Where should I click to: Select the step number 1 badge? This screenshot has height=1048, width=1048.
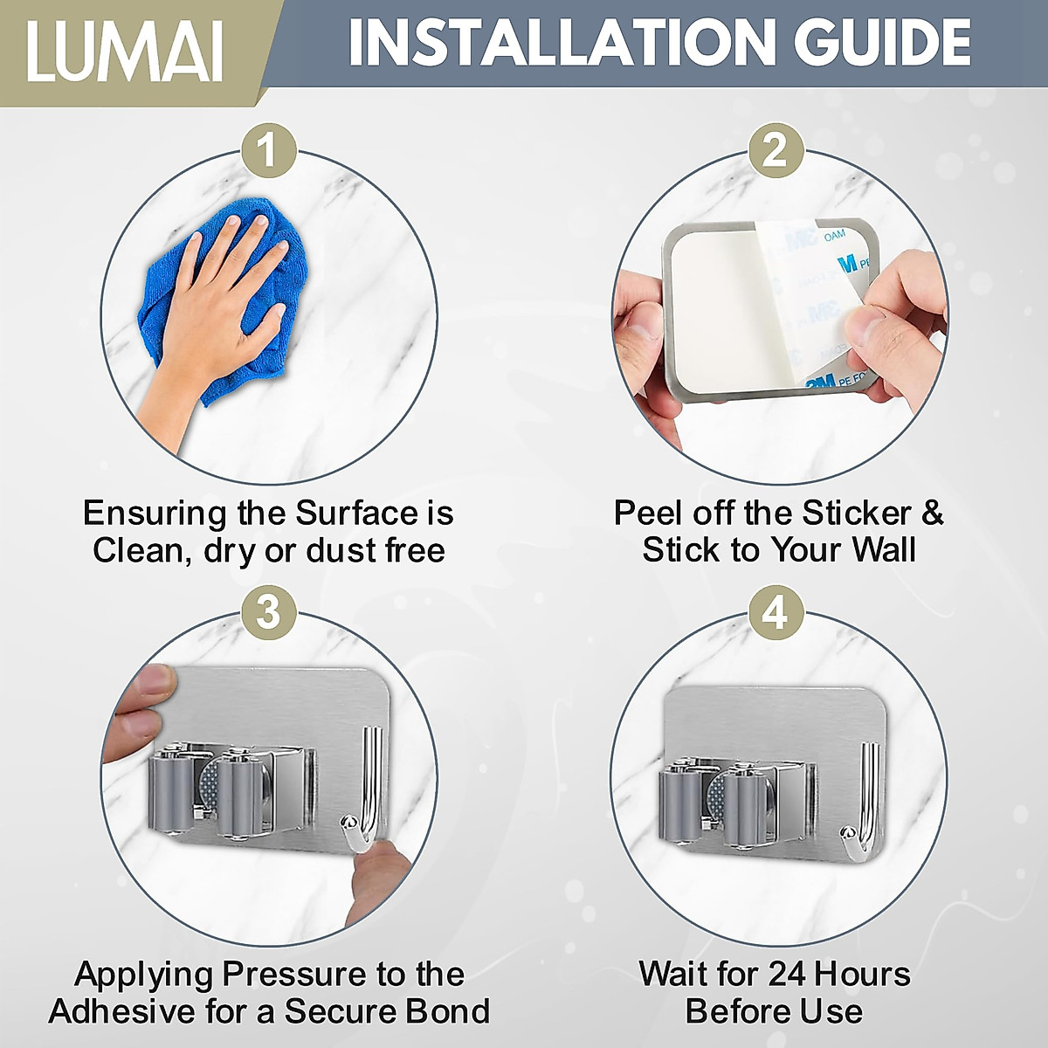[268, 151]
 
